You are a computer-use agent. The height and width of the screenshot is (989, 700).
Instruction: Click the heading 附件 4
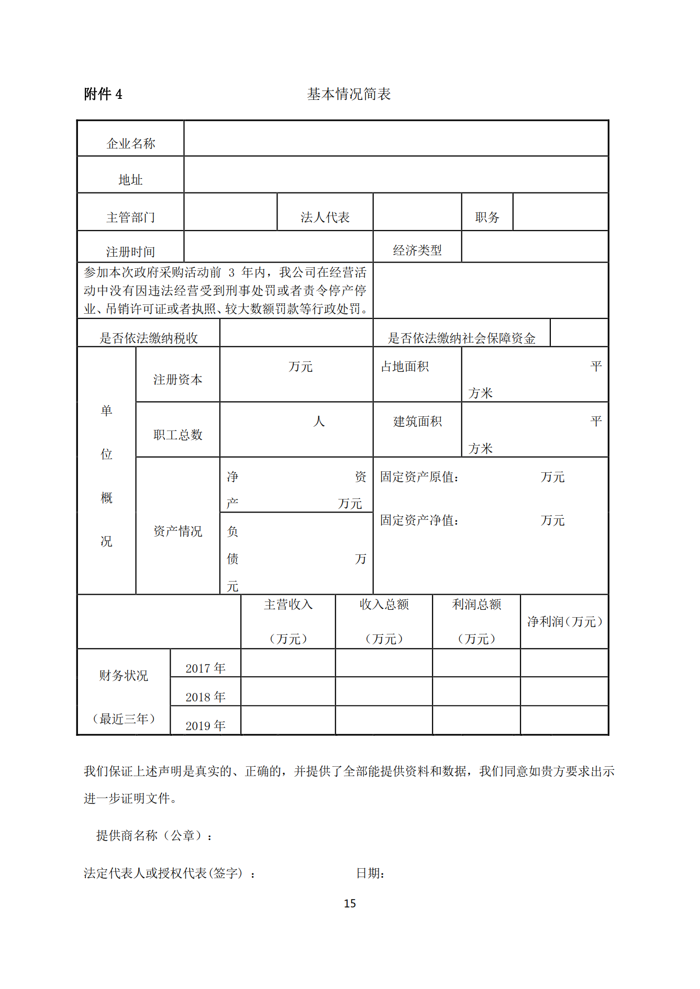click(x=103, y=94)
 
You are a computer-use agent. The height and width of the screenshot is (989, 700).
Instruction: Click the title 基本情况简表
click(x=349, y=94)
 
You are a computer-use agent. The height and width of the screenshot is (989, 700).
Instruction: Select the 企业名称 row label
click(x=131, y=143)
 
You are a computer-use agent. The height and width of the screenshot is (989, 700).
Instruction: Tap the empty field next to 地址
click(x=396, y=175)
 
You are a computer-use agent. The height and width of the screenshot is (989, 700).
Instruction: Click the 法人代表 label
click(x=325, y=217)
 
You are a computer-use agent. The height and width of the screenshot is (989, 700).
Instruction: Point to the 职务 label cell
click(x=487, y=217)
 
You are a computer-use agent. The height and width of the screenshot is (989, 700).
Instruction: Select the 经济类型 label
click(x=417, y=250)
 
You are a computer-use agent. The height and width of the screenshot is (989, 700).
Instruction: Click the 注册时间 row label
click(x=131, y=252)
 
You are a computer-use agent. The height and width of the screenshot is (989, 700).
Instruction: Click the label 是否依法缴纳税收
click(x=149, y=338)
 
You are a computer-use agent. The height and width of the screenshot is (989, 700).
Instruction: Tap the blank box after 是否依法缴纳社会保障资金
click(x=579, y=333)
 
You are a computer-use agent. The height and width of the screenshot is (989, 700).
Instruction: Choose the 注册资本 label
click(x=177, y=379)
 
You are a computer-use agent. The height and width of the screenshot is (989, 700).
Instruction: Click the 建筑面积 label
click(x=417, y=421)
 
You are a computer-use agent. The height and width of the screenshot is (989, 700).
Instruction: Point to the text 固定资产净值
click(x=419, y=520)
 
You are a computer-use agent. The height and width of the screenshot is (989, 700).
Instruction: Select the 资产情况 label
click(x=177, y=531)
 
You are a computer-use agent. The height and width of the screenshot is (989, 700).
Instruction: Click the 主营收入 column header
click(x=288, y=605)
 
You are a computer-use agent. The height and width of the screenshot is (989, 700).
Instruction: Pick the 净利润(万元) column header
click(x=564, y=621)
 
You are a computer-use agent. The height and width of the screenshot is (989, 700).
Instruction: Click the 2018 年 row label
click(x=205, y=697)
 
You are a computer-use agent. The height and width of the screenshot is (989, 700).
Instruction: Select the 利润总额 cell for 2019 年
click(x=476, y=720)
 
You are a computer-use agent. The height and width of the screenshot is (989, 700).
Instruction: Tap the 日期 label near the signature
click(x=370, y=873)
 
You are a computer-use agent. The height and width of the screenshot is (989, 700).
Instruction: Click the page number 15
click(x=350, y=903)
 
